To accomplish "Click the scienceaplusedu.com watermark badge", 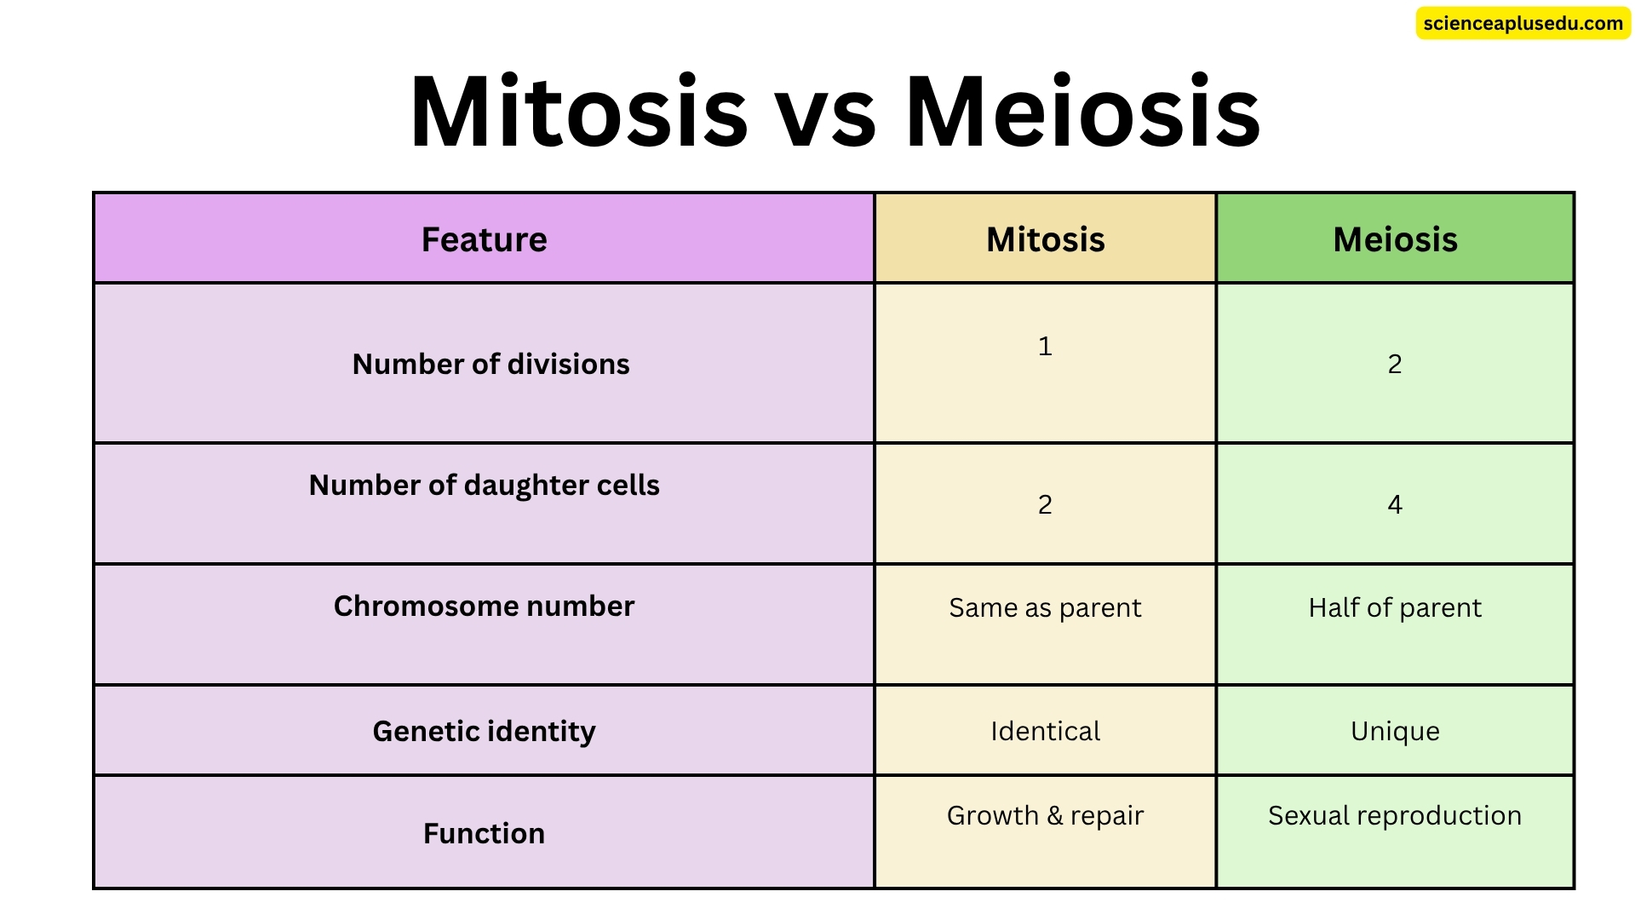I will coord(1523,24).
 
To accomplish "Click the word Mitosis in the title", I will coord(578,112).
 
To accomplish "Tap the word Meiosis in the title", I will coord(1082,112).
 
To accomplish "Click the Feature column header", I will coord(484,239).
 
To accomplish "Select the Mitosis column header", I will coord(1045,239).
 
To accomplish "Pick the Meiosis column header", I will coord(1395,239).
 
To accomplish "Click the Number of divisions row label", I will coord(490,364).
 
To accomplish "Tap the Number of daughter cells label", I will coord(484,485).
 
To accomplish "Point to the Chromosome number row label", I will coord(484,606).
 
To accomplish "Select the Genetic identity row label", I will coord(484,731).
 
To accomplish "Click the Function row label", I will coord(484,833).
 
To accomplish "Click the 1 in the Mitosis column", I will coord(1045,346).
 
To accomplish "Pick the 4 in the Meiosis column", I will coord(1395,504).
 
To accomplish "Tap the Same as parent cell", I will coord(1045,607).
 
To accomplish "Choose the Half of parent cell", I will coord(1395,607).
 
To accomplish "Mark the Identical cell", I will coord(1045,731).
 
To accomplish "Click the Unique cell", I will coord(1395,731).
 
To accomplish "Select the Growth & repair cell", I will coord(1045,815).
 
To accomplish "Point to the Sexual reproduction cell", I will coord(1395,815).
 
